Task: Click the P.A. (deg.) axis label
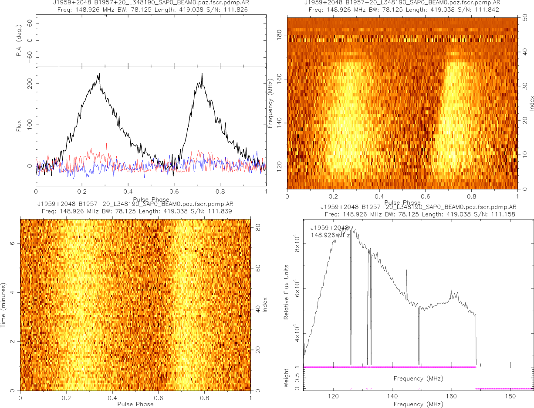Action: pos(19,41)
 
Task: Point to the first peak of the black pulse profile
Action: pos(99,74)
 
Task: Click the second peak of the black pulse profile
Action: pos(202,74)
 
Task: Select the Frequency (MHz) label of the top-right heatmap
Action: pos(270,103)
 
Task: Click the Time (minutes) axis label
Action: pos(3,305)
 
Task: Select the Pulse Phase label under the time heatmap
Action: pos(135,404)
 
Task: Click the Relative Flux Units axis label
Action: pos(287,291)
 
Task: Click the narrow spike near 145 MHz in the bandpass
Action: pos(407,271)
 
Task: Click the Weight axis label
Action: pos(287,377)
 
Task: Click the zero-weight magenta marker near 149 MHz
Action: pos(419,388)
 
